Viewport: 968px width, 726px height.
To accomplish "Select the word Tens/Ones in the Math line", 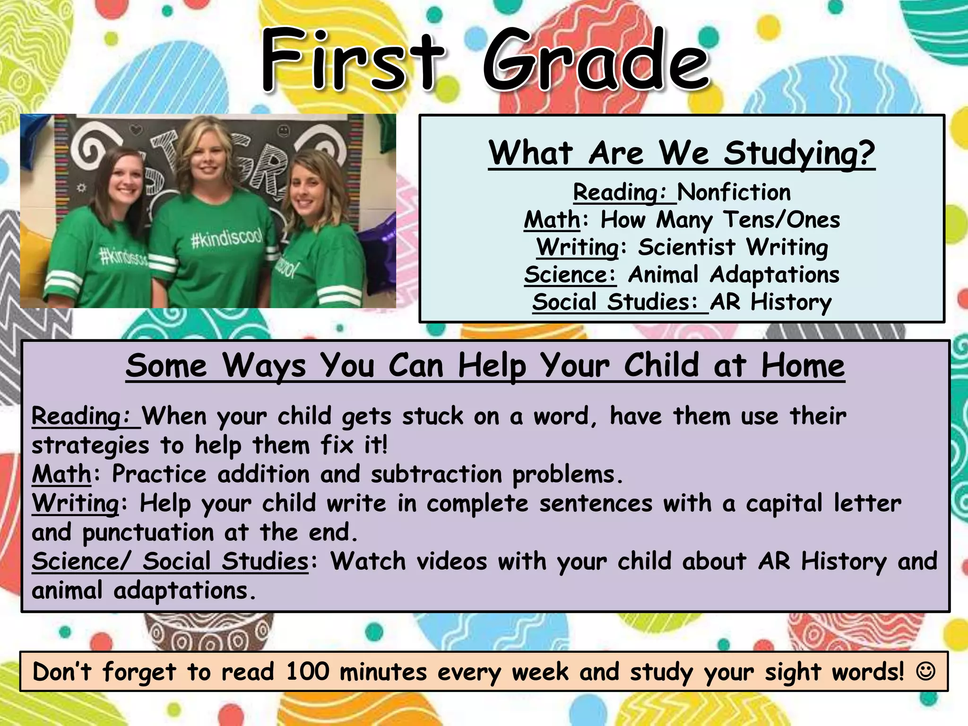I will click(782, 220).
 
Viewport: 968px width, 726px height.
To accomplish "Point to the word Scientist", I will click(686, 247).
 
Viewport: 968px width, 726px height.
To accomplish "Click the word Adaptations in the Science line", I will click(774, 275).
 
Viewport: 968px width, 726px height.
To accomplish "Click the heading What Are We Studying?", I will click(681, 154).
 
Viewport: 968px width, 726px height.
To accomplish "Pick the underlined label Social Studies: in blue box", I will click(614, 302).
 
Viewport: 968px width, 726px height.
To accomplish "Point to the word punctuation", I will click(147, 533).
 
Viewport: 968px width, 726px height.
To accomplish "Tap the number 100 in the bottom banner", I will click(307, 671).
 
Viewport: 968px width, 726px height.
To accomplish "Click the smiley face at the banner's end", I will click(925, 671).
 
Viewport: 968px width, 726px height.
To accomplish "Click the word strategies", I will click(90, 446).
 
